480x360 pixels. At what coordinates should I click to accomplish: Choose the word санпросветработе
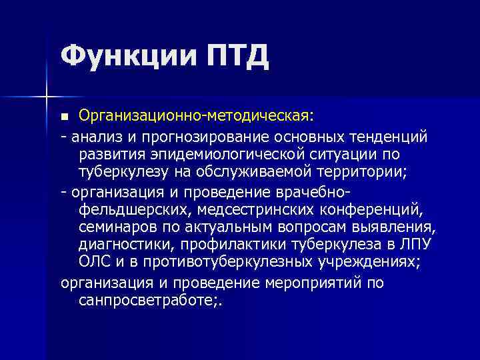pos(147,301)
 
